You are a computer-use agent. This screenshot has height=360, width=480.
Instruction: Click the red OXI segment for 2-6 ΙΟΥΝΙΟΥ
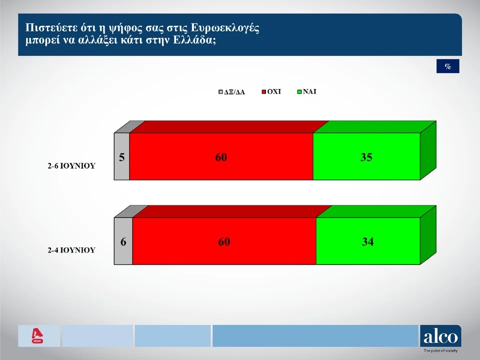[221, 156]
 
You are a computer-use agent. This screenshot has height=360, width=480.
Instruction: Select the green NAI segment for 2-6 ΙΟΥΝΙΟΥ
[366, 156]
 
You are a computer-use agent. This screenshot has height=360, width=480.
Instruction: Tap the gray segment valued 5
[122, 156]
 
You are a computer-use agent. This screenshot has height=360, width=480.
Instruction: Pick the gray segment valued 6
[123, 241]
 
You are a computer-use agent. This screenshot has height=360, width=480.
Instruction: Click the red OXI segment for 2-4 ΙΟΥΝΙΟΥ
[224, 241]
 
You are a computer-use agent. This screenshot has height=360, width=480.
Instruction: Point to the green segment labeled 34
[368, 241]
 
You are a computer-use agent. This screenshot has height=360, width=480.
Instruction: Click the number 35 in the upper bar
[366, 157]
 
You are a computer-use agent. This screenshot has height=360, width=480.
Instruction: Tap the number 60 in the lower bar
[224, 242]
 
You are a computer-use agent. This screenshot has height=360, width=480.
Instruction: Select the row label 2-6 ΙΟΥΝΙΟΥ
[71, 166]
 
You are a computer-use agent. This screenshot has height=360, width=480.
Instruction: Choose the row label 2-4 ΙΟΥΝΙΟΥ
[71, 250]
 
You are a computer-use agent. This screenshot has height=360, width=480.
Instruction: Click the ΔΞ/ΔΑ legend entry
[231, 92]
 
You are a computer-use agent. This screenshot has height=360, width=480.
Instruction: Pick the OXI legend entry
[271, 91]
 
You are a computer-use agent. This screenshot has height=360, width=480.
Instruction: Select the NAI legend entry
[306, 91]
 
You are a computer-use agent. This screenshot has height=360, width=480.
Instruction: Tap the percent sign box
[448, 66]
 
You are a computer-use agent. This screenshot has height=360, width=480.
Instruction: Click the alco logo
[440, 336]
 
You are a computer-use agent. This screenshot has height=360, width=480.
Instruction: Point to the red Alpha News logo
[37, 336]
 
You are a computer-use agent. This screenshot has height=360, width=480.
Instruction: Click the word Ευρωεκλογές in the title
[225, 28]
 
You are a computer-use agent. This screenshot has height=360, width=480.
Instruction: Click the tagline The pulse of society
[440, 351]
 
